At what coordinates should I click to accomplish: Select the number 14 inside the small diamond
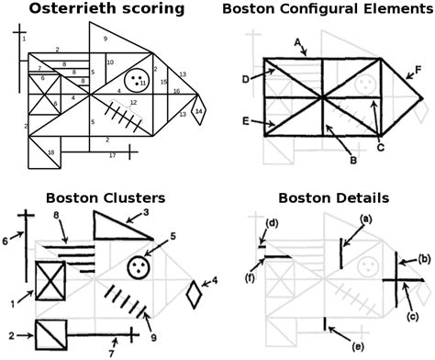[198, 111]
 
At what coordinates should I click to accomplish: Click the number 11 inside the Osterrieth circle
[143, 84]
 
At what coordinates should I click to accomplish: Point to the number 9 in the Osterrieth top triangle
[106, 39]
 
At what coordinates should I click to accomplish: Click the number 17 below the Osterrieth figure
[112, 156]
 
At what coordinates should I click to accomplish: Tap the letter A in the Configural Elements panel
[299, 41]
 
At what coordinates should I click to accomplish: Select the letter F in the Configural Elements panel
[418, 69]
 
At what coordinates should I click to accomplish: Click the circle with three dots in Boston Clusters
[139, 268]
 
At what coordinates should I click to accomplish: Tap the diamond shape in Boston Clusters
[193, 296]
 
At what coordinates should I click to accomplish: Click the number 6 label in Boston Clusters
[6, 240]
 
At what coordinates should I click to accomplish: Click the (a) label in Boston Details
[365, 219]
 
